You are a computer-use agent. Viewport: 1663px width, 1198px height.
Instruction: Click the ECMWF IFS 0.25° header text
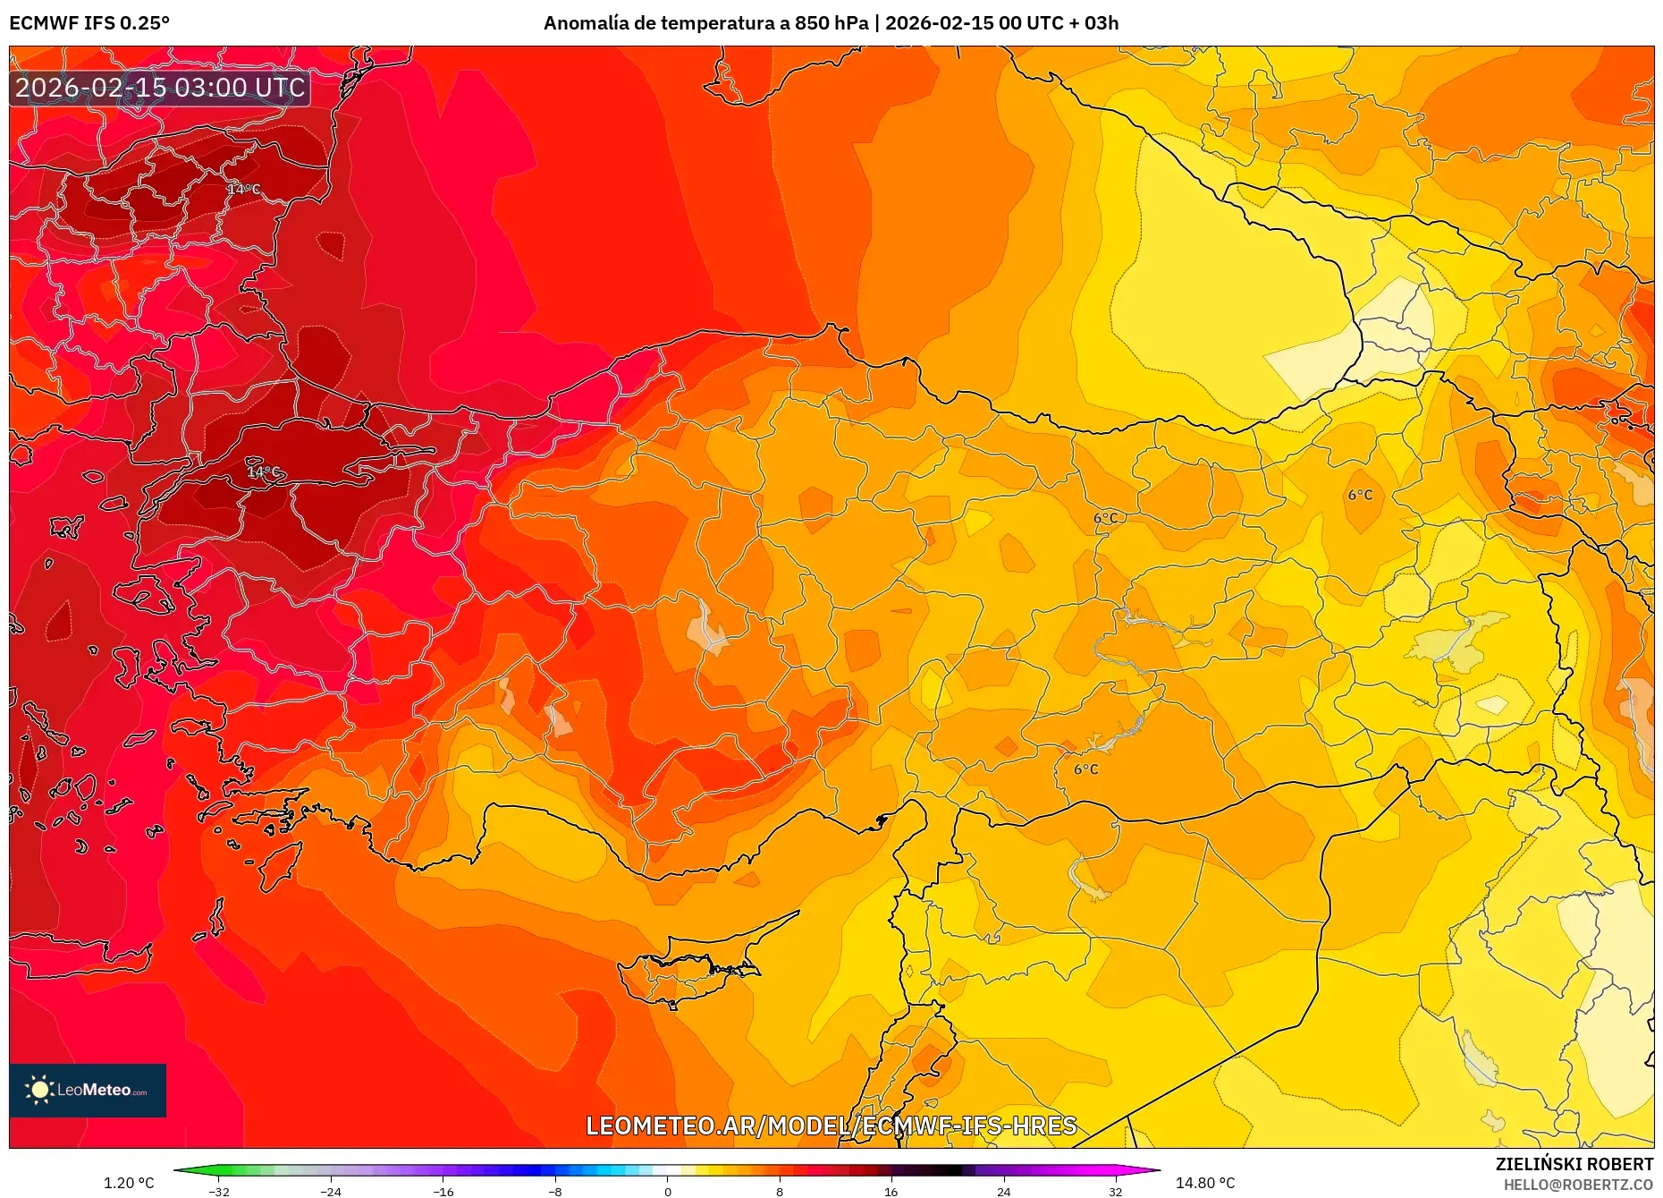(89, 23)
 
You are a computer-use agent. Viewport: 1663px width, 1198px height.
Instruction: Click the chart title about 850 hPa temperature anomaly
(831, 23)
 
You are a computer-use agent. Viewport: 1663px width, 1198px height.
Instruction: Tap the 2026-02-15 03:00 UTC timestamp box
(160, 88)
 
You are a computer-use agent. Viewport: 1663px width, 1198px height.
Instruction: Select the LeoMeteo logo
(88, 1090)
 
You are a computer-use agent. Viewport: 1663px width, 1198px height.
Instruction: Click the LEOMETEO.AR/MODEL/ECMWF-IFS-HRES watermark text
(831, 1126)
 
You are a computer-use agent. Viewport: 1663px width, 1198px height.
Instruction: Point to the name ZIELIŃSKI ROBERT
(1574, 1164)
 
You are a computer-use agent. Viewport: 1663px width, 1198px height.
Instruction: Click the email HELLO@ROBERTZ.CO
(1577, 1185)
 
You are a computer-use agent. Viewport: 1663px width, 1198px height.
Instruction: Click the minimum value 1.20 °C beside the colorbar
(129, 1183)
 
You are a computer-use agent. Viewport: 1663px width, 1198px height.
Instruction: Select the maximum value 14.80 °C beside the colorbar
(1204, 1183)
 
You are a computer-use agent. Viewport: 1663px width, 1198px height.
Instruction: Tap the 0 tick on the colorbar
(667, 1191)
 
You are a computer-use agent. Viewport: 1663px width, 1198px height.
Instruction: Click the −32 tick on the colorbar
(219, 1191)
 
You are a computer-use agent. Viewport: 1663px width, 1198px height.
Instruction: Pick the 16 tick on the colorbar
(891, 1191)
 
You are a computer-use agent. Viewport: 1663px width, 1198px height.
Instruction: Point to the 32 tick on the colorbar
(1115, 1191)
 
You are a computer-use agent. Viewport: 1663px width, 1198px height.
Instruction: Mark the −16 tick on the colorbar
(443, 1191)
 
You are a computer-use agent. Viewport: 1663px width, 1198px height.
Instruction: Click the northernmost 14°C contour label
(243, 189)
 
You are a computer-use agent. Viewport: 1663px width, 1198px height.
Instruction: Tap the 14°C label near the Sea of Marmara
(263, 472)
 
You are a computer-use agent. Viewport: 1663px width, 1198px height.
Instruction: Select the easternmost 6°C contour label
(1360, 495)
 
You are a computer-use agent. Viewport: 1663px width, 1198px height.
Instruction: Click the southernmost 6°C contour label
(1085, 769)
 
